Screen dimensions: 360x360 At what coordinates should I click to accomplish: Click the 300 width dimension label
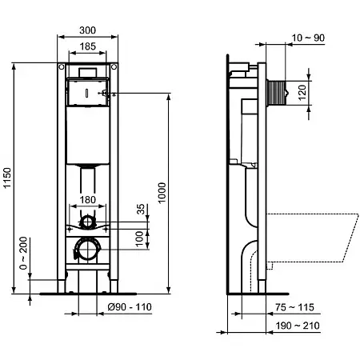[87, 30]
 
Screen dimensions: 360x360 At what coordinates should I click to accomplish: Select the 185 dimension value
[88, 46]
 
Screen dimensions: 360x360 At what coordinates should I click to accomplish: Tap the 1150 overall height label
[7, 178]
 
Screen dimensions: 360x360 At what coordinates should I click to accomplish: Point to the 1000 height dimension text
[162, 193]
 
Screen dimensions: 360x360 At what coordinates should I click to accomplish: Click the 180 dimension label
[88, 200]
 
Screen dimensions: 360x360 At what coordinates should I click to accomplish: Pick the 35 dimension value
[141, 209]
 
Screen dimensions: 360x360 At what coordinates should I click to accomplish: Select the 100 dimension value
[140, 239]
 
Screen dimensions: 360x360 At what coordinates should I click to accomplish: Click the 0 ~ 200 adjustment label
[23, 253]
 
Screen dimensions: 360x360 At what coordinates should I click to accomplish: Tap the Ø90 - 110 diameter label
[130, 307]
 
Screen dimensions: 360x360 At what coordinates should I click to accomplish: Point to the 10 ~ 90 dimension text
[308, 38]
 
